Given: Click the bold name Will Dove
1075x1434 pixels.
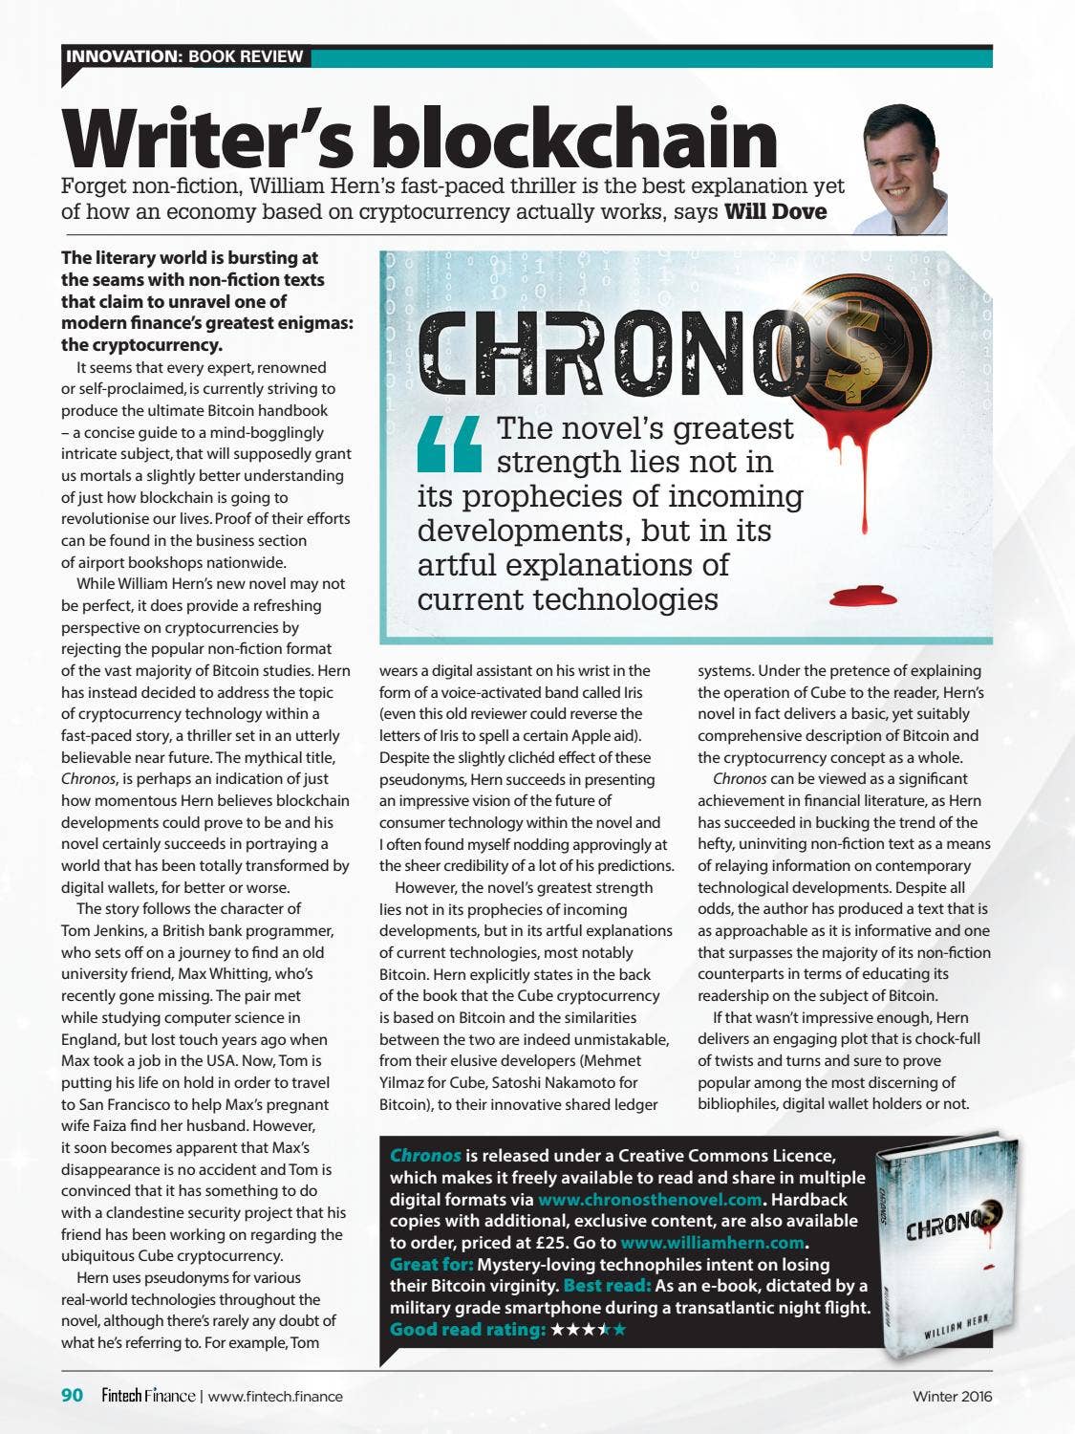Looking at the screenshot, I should [775, 211].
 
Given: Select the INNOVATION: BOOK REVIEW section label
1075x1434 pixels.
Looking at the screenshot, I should [184, 56].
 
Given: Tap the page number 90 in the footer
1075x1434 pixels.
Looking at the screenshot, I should [73, 1396].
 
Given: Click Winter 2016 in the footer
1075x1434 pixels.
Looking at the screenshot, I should [952, 1396].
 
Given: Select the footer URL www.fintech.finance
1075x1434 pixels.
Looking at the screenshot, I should [275, 1396].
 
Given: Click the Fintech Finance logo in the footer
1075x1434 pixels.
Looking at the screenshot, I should [148, 1396].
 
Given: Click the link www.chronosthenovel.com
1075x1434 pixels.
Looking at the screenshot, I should [650, 1199].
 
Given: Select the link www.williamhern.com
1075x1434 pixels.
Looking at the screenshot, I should [712, 1243].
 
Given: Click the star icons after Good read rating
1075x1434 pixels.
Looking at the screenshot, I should [589, 1330].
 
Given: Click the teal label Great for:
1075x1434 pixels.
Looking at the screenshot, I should [431, 1265].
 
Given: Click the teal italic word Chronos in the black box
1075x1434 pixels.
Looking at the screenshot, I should [425, 1156].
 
